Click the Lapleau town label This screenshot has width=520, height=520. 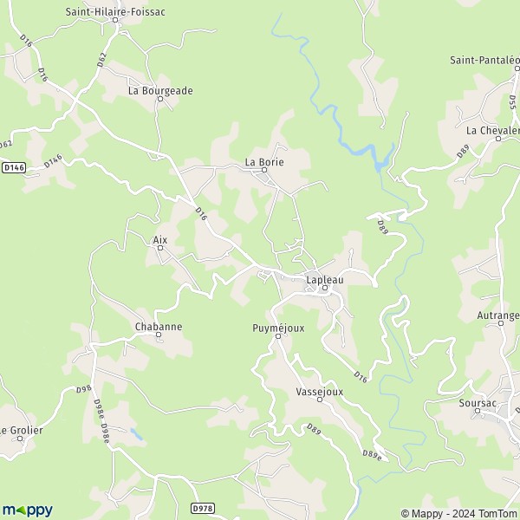(324, 280)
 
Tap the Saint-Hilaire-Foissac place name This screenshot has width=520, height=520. (115, 11)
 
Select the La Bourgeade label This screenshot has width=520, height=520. (160, 90)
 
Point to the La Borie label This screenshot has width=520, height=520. (264, 161)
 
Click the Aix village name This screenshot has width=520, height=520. (159, 240)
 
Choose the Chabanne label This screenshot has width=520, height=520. (159, 327)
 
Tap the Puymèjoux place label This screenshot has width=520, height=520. (278, 328)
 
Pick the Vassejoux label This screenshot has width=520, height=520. (319, 392)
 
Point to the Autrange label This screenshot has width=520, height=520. (499, 316)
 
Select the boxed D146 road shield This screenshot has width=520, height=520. (13, 167)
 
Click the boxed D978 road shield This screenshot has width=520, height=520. (202, 508)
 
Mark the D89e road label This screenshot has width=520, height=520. (372, 453)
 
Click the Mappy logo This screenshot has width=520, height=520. (28, 510)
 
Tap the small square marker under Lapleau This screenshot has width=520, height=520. (325, 289)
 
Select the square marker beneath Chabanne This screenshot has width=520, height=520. (159, 335)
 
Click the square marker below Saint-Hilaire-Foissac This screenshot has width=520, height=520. (115, 20)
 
